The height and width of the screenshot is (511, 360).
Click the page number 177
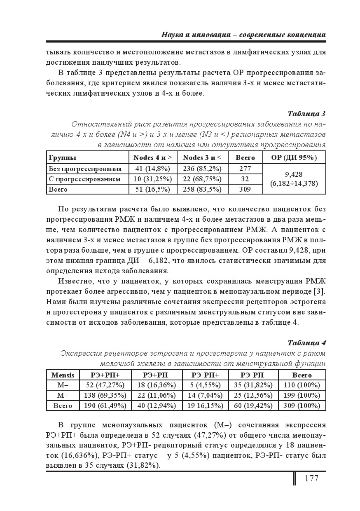coord(311,478)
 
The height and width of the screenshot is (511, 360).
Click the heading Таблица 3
coord(306,113)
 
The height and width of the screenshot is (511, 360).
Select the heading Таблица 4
coord(306,342)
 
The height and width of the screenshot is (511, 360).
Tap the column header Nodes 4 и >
coord(153,157)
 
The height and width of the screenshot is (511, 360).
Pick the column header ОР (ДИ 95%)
coord(294,157)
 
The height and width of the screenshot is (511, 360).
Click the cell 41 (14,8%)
coord(153,169)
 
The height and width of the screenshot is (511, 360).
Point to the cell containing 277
coord(245,169)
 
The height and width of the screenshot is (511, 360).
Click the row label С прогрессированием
coord(84,179)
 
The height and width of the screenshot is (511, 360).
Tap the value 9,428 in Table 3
coord(294,174)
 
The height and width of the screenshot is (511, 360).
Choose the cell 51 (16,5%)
coord(153,190)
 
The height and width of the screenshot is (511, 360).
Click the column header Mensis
coord(63,375)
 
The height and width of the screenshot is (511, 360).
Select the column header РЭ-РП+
coord(205,375)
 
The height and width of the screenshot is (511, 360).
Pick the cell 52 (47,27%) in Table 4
coord(105,385)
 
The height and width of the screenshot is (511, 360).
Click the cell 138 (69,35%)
coord(105,396)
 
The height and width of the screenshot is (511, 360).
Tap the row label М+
coord(63,396)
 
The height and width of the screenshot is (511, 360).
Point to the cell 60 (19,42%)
coord(253,406)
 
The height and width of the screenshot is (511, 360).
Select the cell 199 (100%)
coord(302,396)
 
